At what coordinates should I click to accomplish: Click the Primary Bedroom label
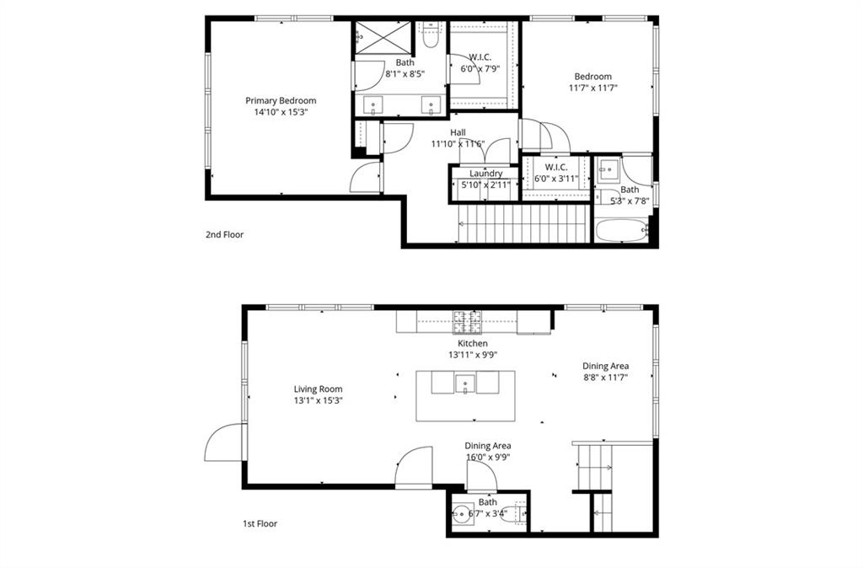click(281, 100)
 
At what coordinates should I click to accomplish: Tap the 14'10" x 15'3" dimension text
click(281, 112)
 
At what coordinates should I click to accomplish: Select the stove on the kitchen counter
click(468, 319)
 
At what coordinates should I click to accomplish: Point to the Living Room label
click(318, 389)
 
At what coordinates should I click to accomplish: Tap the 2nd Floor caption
click(224, 235)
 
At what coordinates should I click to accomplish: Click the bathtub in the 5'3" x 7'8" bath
click(622, 230)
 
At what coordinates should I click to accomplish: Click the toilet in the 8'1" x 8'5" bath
click(431, 38)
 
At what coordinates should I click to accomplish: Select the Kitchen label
click(472, 344)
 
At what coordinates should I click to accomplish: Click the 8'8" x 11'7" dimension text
click(605, 378)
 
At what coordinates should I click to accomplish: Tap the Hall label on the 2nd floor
click(458, 132)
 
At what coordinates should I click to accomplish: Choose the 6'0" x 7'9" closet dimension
click(480, 69)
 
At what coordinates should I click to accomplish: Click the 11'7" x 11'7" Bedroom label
click(592, 77)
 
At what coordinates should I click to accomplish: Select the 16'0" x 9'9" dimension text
click(487, 458)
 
